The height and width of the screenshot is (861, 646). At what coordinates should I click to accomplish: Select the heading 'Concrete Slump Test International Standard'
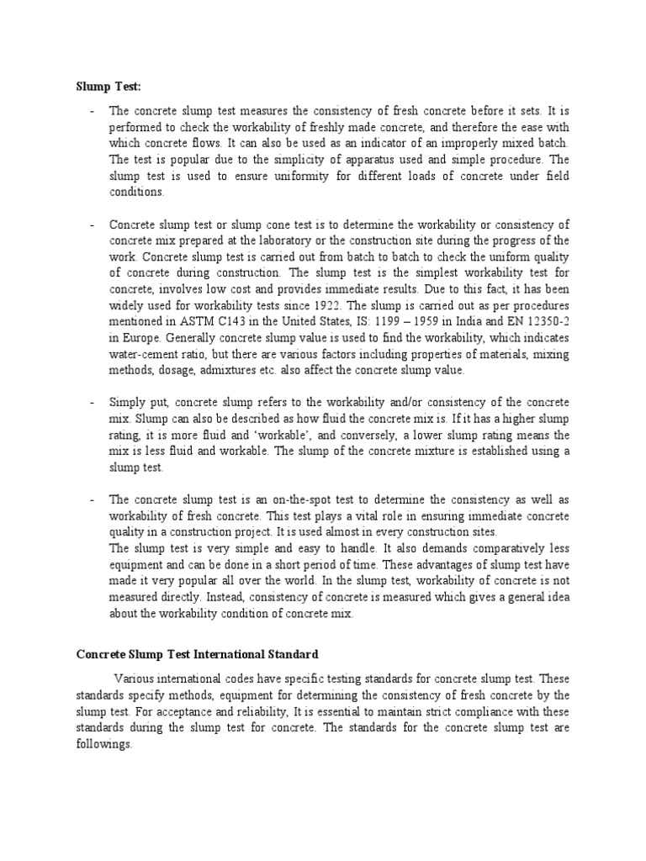198,652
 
